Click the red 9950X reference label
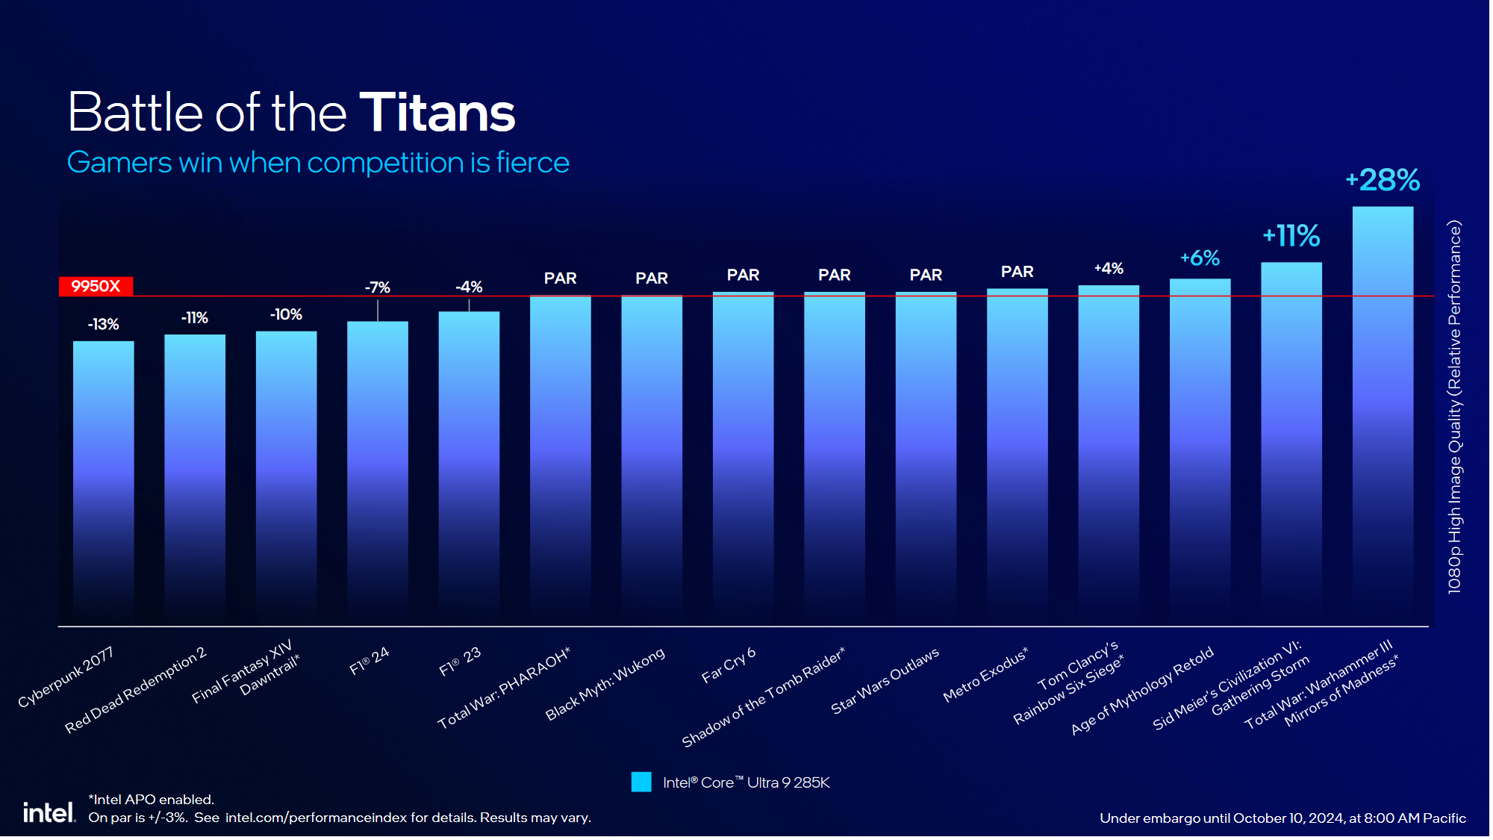click(96, 286)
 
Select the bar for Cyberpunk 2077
click(103, 478)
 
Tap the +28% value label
click(1383, 181)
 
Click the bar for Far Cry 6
click(743, 455)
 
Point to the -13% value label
click(103, 324)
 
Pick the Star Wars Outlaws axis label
click(885, 680)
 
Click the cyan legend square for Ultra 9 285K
click(641, 782)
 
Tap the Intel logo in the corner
click(49, 812)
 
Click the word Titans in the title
click(437, 113)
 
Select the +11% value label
click(1291, 236)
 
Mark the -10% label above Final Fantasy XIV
click(286, 314)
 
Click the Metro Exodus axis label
click(985, 674)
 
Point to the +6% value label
click(1200, 258)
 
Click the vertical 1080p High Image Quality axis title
click(1454, 407)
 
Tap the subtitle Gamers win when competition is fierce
click(318, 163)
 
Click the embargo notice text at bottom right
click(1282, 818)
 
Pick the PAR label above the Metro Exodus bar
click(1017, 272)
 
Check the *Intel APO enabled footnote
click(152, 800)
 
